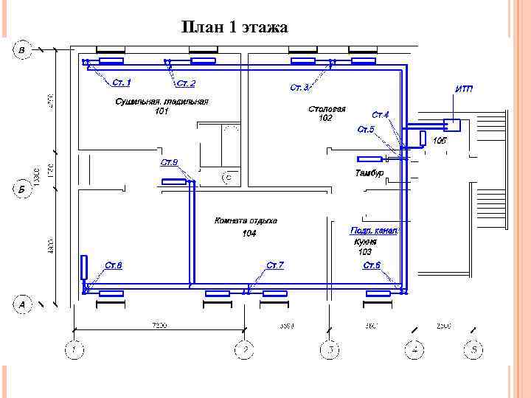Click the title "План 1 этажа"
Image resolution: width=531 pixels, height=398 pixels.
coord(235,28)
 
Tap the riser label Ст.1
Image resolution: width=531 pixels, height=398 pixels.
coord(122,82)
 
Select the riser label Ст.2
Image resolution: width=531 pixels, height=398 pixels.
coord(186,83)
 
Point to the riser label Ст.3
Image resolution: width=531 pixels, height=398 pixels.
coord(300,88)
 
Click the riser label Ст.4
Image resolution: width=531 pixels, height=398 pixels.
coord(380,115)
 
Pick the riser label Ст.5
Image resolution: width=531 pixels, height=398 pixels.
coord(366,130)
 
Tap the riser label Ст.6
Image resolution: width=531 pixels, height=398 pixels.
coord(371,265)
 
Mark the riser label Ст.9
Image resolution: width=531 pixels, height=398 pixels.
coord(169,161)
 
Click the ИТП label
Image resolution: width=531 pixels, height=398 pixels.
coord(465,89)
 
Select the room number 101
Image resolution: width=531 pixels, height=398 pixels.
coord(162,111)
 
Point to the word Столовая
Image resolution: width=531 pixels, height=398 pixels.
coord(327,109)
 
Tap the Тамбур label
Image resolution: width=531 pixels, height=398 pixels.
coord(369,173)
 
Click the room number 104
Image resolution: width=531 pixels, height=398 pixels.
coord(249,234)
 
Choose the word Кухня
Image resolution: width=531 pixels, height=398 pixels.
coord(365,242)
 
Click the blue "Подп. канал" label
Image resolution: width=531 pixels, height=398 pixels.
coord(374,231)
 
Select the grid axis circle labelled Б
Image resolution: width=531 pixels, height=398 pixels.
coord(22,189)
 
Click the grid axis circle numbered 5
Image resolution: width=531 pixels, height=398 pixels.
coord(473,349)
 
